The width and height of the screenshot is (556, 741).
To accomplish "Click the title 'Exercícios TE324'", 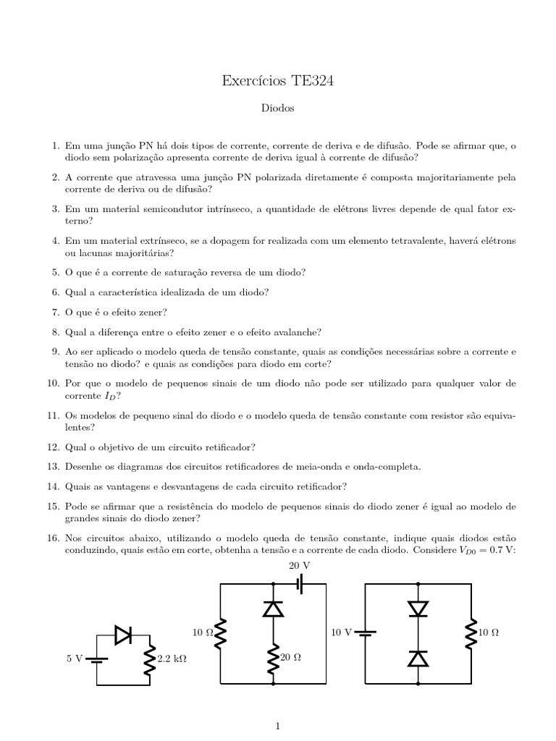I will (278, 82).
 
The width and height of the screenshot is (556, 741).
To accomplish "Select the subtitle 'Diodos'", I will (278, 109).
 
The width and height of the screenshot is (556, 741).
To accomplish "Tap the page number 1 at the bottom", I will (278, 725).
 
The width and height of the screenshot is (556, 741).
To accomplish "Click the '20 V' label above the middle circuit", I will (300, 565).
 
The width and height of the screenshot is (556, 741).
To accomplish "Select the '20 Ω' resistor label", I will (290, 658).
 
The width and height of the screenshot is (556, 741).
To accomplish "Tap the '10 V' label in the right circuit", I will (341, 632).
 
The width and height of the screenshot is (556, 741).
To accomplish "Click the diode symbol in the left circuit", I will (123, 635).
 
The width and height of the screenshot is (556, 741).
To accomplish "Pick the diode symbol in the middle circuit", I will (273, 609).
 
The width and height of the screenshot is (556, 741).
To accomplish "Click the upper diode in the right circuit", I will (418, 609).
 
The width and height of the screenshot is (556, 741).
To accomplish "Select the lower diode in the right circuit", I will (418, 658).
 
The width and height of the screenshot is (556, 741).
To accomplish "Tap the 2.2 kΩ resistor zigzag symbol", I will (149, 659).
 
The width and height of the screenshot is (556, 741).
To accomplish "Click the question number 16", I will (51, 539).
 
